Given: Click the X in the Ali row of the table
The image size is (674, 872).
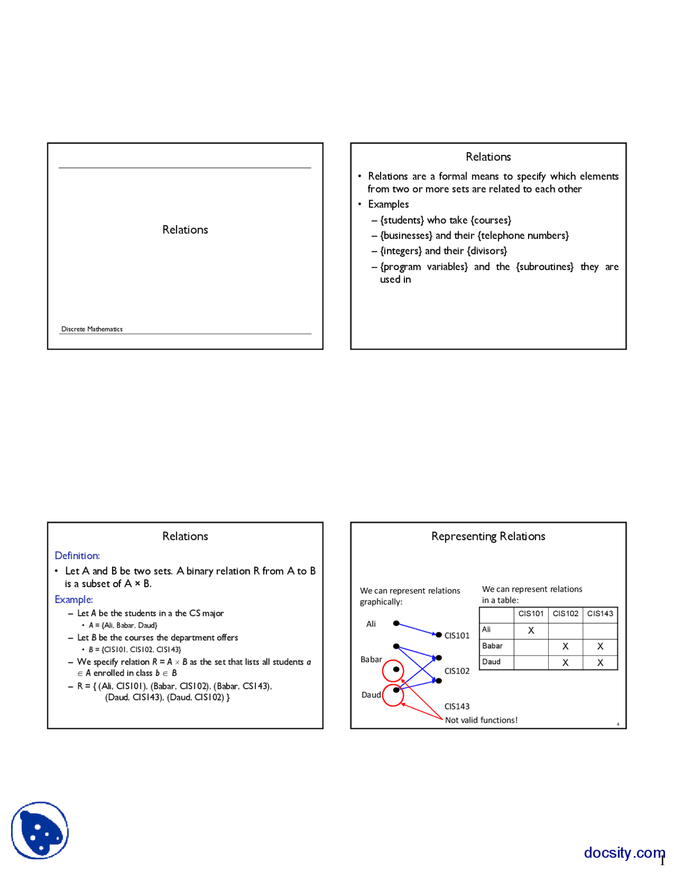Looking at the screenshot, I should (x=531, y=630).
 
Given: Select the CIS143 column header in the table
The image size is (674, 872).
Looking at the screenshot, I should (x=600, y=613).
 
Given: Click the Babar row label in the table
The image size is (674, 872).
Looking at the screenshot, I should (x=492, y=646).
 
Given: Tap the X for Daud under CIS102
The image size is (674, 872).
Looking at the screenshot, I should (x=565, y=662).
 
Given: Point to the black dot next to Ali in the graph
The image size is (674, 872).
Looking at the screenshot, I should (x=396, y=623).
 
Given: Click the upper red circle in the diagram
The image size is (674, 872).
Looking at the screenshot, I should (x=393, y=670).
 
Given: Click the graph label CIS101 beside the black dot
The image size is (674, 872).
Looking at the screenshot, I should (x=457, y=636).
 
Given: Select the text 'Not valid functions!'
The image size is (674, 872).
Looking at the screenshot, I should (x=481, y=720).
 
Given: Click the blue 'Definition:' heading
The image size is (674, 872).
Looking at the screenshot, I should (x=77, y=556).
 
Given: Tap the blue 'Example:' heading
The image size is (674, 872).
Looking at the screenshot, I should (x=74, y=599).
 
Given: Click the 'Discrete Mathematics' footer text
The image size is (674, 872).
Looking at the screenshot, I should (x=92, y=329).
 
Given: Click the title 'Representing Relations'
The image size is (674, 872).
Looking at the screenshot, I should (x=488, y=536).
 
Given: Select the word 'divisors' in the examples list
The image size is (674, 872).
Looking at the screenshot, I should (x=487, y=251).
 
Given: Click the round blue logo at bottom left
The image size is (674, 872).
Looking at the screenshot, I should (x=40, y=830).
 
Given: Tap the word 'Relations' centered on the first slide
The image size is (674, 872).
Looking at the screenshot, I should (x=185, y=230).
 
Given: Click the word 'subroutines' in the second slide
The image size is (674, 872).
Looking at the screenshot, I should (x=545, y=266).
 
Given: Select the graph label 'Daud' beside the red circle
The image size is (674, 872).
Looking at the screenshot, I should (x=371, y=695).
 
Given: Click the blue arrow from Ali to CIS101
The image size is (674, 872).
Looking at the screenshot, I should (x=416, y=629).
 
